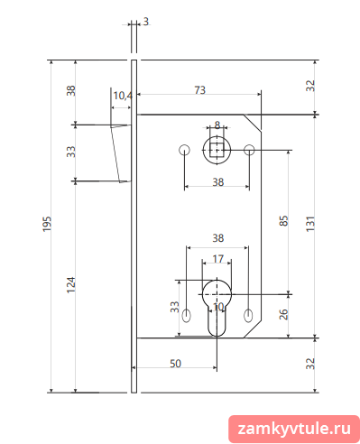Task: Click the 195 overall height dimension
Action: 47,224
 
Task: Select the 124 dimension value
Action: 71,285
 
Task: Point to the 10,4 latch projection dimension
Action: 123,96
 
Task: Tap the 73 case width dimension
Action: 200,90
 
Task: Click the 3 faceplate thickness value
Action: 146,22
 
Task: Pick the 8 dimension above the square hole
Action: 217,125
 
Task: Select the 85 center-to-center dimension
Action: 284,221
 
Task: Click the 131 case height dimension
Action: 310,224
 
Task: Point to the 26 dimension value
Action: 284,314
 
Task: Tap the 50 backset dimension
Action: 176,364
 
